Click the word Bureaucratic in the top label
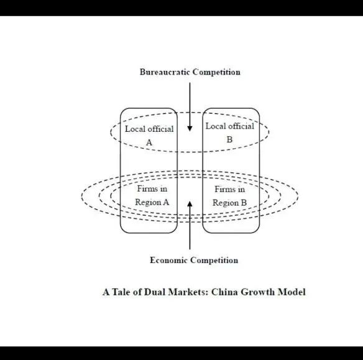click(165, 72)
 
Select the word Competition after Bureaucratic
click(216, 72)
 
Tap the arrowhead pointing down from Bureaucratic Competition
click(190, 129)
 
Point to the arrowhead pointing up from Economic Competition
click(190, 204)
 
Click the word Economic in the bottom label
click(168, 260)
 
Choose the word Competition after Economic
click(214, 261)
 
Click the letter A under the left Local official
click(149, 142)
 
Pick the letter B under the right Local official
click(229, 140)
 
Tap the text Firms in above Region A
click(152, 188)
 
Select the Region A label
click(152, 202)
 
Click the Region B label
click(229, 203)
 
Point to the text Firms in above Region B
click(229, 190)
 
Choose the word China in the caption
click(224, 292)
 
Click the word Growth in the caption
click(257, 292)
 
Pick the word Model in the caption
click(292, 292)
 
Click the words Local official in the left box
click(149, 129)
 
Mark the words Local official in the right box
click(230, 126)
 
